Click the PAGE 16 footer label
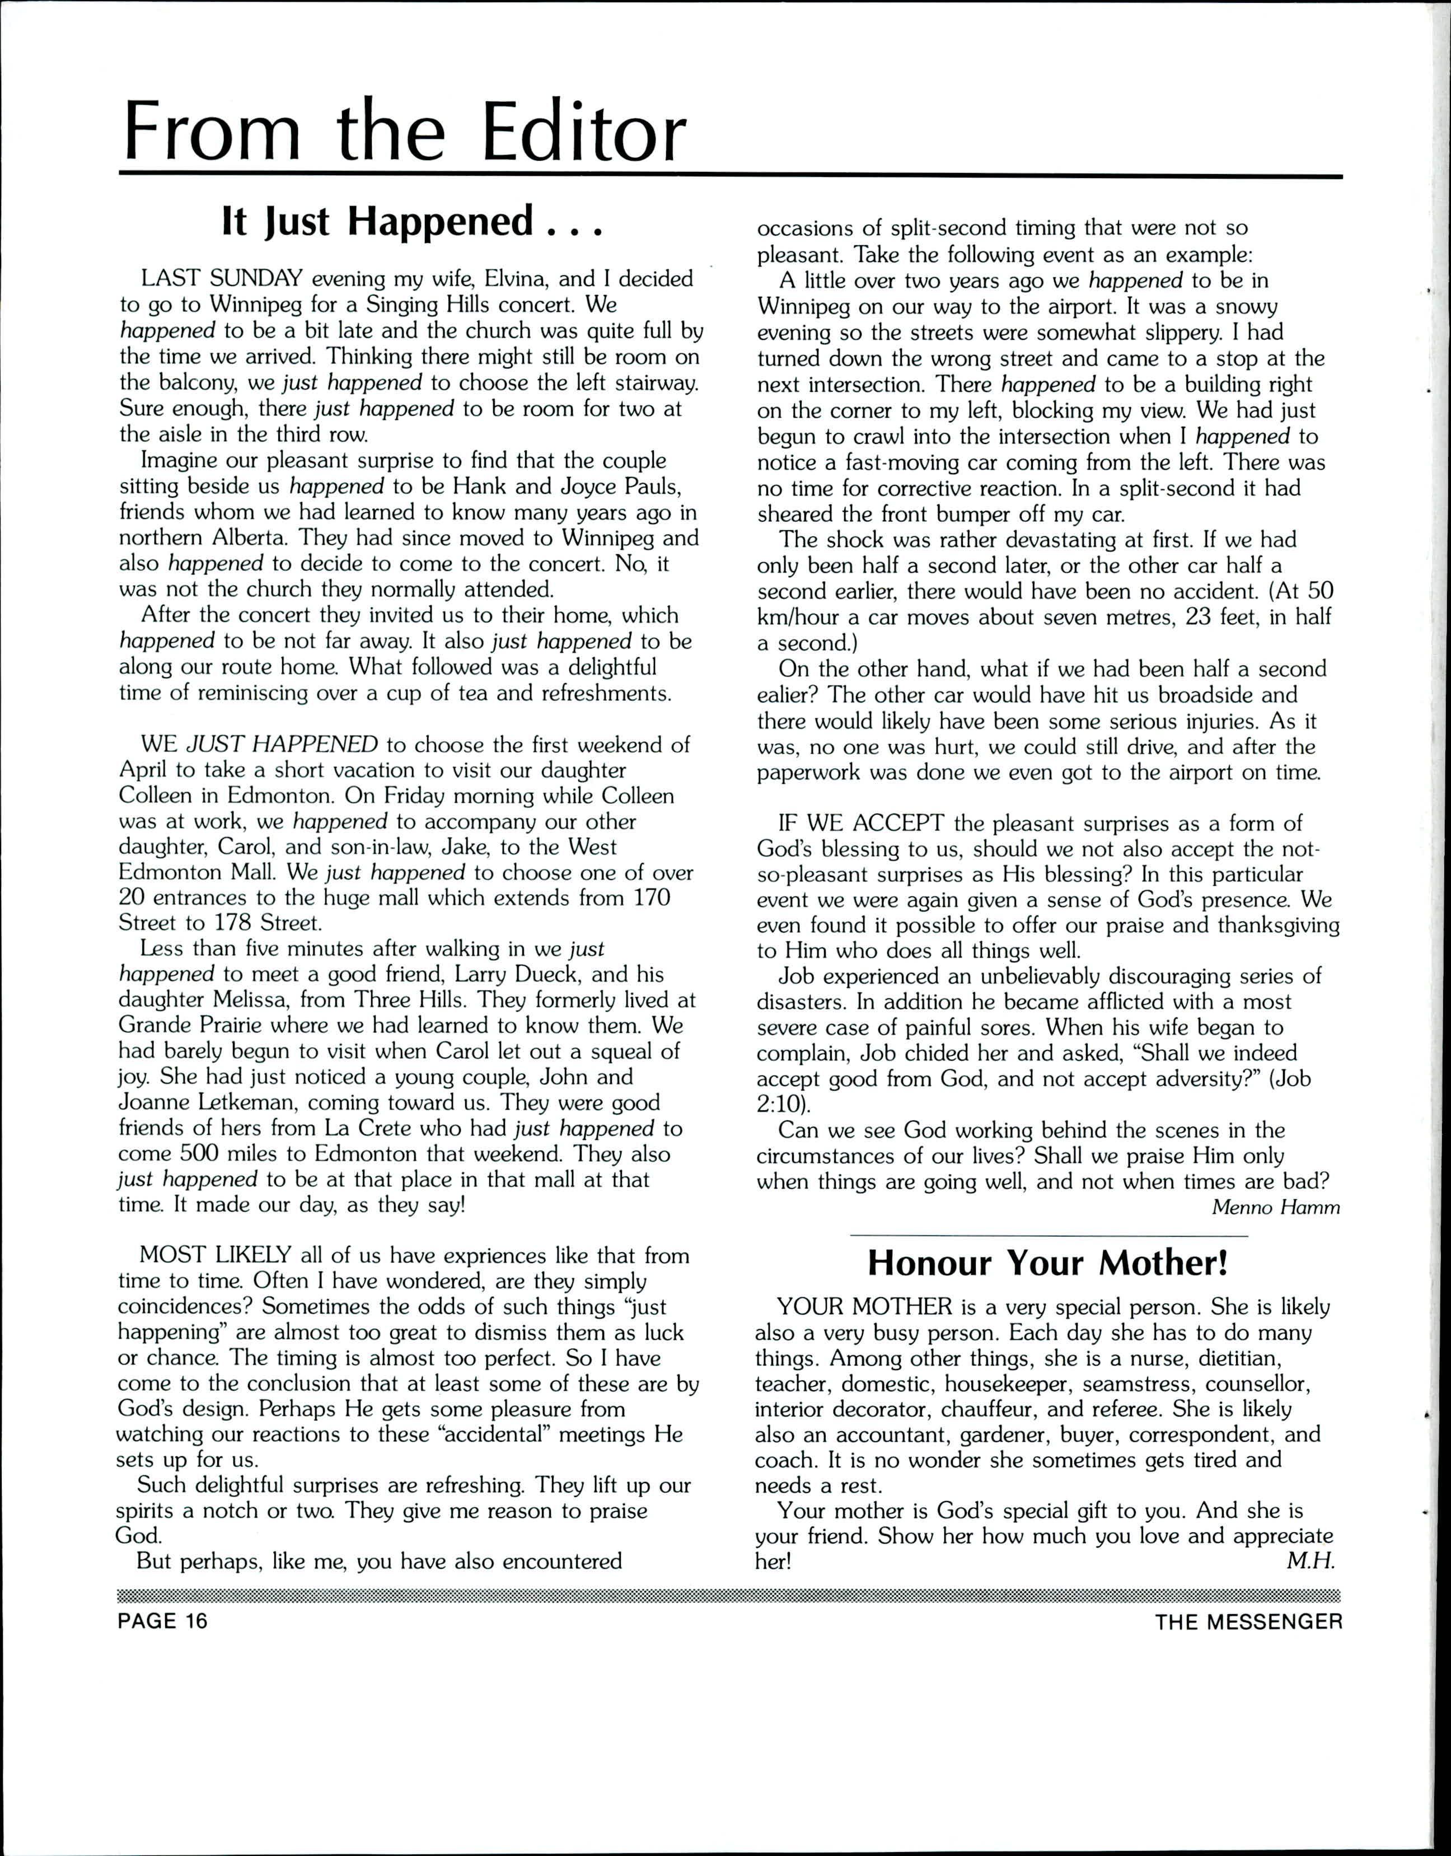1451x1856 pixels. pos(162,1621)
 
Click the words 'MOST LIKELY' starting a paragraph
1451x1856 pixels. pos(216,1255)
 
